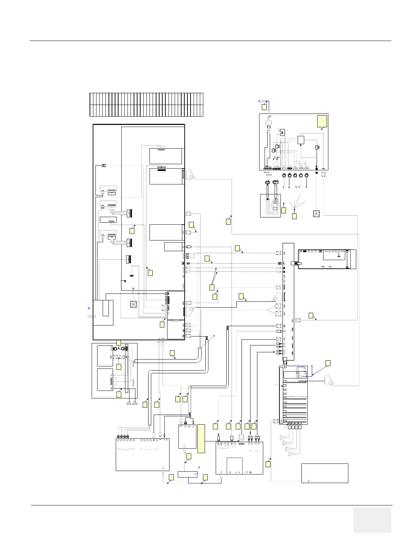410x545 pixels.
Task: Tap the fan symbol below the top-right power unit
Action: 316,213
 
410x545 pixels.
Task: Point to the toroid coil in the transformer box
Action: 275,206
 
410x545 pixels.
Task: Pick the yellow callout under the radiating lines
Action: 294,216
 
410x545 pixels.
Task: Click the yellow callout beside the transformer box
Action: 284,210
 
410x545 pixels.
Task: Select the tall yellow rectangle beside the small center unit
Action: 201,436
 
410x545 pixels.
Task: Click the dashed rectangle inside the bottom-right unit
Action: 234,466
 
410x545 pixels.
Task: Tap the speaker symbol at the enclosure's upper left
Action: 103,166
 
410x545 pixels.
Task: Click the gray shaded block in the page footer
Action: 372,520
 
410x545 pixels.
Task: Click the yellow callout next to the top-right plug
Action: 264,107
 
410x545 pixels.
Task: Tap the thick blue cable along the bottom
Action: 203,483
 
